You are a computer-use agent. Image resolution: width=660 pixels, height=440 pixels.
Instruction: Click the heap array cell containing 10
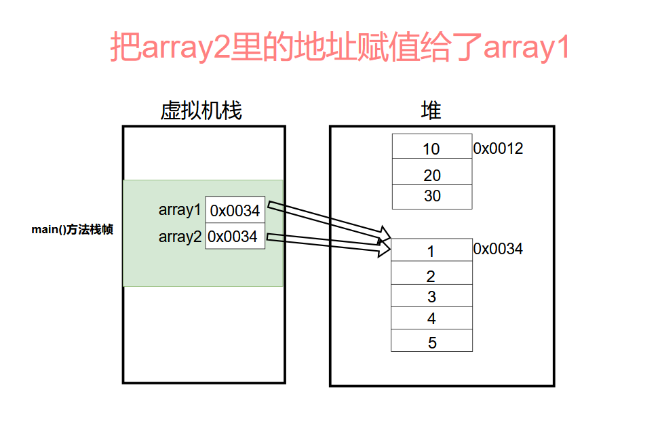[x=431, y=147]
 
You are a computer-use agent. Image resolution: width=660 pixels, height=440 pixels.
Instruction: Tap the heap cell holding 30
[x=431, y=197]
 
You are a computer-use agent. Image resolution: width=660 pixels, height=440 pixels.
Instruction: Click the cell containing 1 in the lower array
[x=431, y=250]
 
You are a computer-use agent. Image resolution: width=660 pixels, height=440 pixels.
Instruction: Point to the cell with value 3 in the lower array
[x=431, y=296]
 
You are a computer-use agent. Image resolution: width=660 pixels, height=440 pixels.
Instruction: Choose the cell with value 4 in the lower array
[x=431, y=318]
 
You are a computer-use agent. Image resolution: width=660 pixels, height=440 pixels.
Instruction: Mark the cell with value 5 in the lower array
[x=431, y=340]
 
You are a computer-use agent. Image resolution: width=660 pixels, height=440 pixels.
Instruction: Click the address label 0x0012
[x=498, y=148]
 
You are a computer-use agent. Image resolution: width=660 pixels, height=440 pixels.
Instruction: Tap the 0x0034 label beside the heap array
[x=498, y=249]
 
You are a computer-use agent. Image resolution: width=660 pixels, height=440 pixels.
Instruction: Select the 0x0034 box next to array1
[x=235, y=210]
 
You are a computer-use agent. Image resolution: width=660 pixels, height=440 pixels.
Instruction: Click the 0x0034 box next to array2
[x=234, y=236]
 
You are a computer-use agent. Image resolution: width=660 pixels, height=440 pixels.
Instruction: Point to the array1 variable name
[x=180, y=210]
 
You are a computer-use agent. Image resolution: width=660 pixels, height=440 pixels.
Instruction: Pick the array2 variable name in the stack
[x=180, y=237]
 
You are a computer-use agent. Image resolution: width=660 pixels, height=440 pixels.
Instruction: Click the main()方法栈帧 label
[x=72, y=230]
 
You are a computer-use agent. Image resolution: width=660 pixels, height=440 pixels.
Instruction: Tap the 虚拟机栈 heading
[x=201, y=111]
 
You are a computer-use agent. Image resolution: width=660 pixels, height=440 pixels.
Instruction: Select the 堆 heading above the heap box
[x=431, y=111]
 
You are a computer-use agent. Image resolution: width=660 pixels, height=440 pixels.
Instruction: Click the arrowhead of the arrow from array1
[x=385, y=235]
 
